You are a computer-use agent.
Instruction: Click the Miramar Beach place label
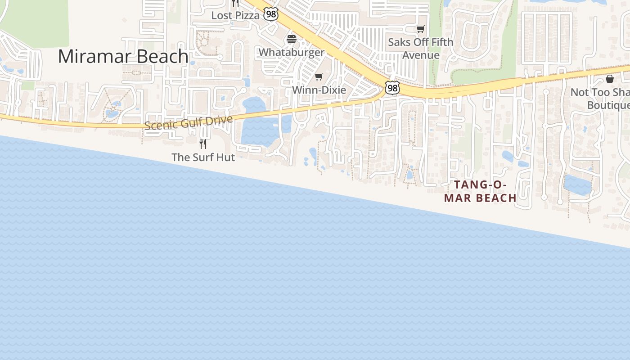tap(123, 56)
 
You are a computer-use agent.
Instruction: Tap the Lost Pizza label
tap(235, 15)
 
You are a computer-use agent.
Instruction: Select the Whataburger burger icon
tap(292, 39)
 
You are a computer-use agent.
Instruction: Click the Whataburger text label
tap(291, 52)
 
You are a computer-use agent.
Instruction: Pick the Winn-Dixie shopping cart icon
tap(319, 77)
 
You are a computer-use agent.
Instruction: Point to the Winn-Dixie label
tap(319, 90)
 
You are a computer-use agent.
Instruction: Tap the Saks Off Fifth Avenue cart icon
tap(420, 29)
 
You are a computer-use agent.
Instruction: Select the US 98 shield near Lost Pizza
tap(271, 14)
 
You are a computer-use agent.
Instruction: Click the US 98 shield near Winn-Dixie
tap(392, 88)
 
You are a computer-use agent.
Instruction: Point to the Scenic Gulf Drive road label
tap(189, 122)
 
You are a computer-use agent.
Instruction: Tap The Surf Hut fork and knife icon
tap(203, 144)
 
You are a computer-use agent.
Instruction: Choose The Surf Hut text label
tap(203, 157)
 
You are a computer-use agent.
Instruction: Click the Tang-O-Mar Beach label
tap(480, 191)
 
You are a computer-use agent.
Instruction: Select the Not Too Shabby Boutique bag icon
tap(610, 79)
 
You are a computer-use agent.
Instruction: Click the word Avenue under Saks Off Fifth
tap(421, 55)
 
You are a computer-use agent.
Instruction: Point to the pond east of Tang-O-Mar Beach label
tap(577, 185)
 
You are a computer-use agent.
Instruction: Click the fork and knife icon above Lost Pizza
tap(235, 3)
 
